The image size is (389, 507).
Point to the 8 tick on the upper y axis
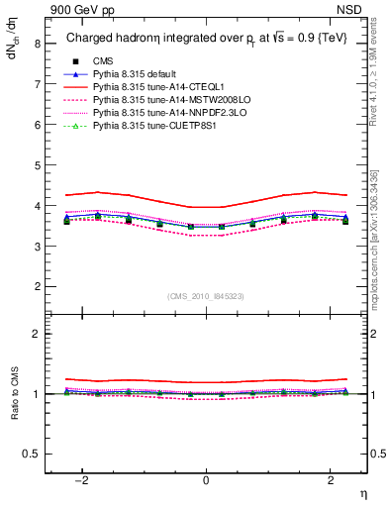tap(38, 44)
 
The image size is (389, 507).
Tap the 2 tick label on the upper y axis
tap(38, 286)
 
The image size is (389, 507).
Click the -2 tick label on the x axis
tap(84, 480)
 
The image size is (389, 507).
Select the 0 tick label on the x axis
tap(206, 480)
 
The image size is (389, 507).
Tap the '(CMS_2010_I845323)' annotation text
tap(206, 296)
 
